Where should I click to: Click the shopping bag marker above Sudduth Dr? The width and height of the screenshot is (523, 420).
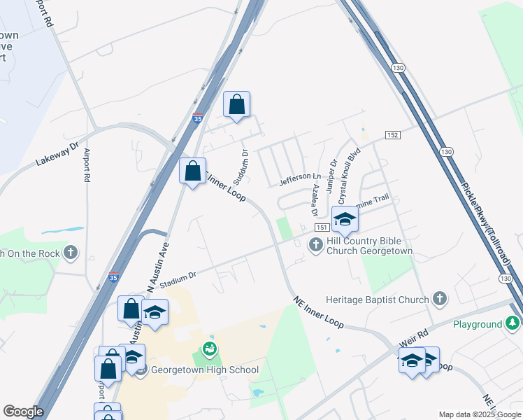click(x=236, y=105)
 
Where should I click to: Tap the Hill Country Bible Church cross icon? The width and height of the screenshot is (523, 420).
click(x=315, y=244)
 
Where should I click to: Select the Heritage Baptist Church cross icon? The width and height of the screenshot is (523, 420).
click(x=439, y=300)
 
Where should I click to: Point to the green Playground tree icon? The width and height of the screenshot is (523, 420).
click(x=514, y=324)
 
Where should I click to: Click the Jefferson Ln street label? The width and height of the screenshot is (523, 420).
click(x=300, y=179)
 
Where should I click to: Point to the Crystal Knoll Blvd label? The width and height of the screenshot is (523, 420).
click(x=349, y=174)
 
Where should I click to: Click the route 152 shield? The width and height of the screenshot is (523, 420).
click(x=392, y=134)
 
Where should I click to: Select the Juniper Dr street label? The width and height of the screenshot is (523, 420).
click(x=331, y=173)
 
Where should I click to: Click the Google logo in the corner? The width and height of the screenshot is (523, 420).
click(x=23, y=412)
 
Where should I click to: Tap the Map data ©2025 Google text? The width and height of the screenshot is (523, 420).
click(x=479, y=414)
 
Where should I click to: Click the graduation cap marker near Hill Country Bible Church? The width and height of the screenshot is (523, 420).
click(x=345, y=220)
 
